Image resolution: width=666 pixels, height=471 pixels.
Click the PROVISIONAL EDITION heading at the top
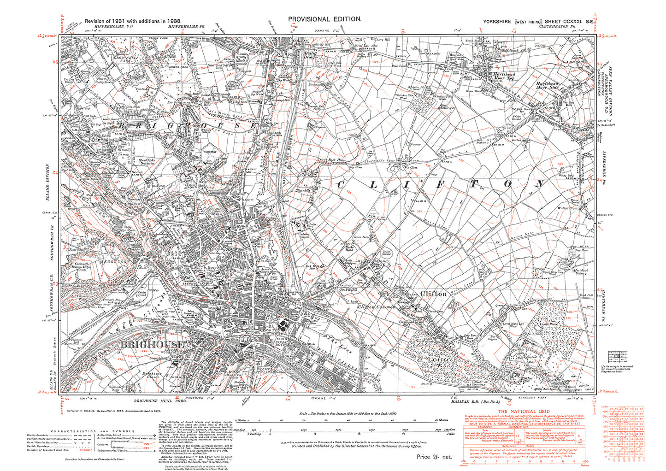coord(324,19)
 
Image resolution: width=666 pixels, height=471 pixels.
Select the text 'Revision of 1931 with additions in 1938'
coord(133,21)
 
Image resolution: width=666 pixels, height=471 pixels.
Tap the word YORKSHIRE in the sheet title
coord(498,22)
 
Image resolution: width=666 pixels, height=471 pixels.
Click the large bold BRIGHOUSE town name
coord(152,345)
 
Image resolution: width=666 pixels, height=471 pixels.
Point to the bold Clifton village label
coord(433,294)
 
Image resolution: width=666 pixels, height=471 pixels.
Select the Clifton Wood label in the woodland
coord(446,362)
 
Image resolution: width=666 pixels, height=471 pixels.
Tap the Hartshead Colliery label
coord(581,271)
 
